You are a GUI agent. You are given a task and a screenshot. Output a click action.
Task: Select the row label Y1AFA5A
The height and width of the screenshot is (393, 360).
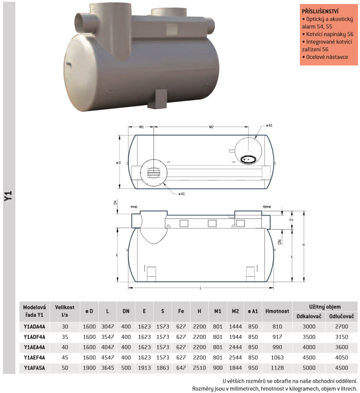pos(35,368)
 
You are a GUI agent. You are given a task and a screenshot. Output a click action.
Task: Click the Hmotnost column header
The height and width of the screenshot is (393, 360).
pos(277,311)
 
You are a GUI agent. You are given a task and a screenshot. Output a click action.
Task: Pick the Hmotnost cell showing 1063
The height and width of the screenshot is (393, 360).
pos(277,358)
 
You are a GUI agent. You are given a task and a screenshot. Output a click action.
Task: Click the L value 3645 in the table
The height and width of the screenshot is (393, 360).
pos(108,368)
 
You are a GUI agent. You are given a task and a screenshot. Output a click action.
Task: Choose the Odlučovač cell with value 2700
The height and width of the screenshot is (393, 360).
pos(342,327)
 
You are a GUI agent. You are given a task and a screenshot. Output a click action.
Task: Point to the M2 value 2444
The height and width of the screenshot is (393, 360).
pos(235,347)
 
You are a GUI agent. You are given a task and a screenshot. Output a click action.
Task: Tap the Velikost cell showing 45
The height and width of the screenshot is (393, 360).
pos(65,358)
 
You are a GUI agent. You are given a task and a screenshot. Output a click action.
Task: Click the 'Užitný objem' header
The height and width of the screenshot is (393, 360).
pos(325,307)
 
